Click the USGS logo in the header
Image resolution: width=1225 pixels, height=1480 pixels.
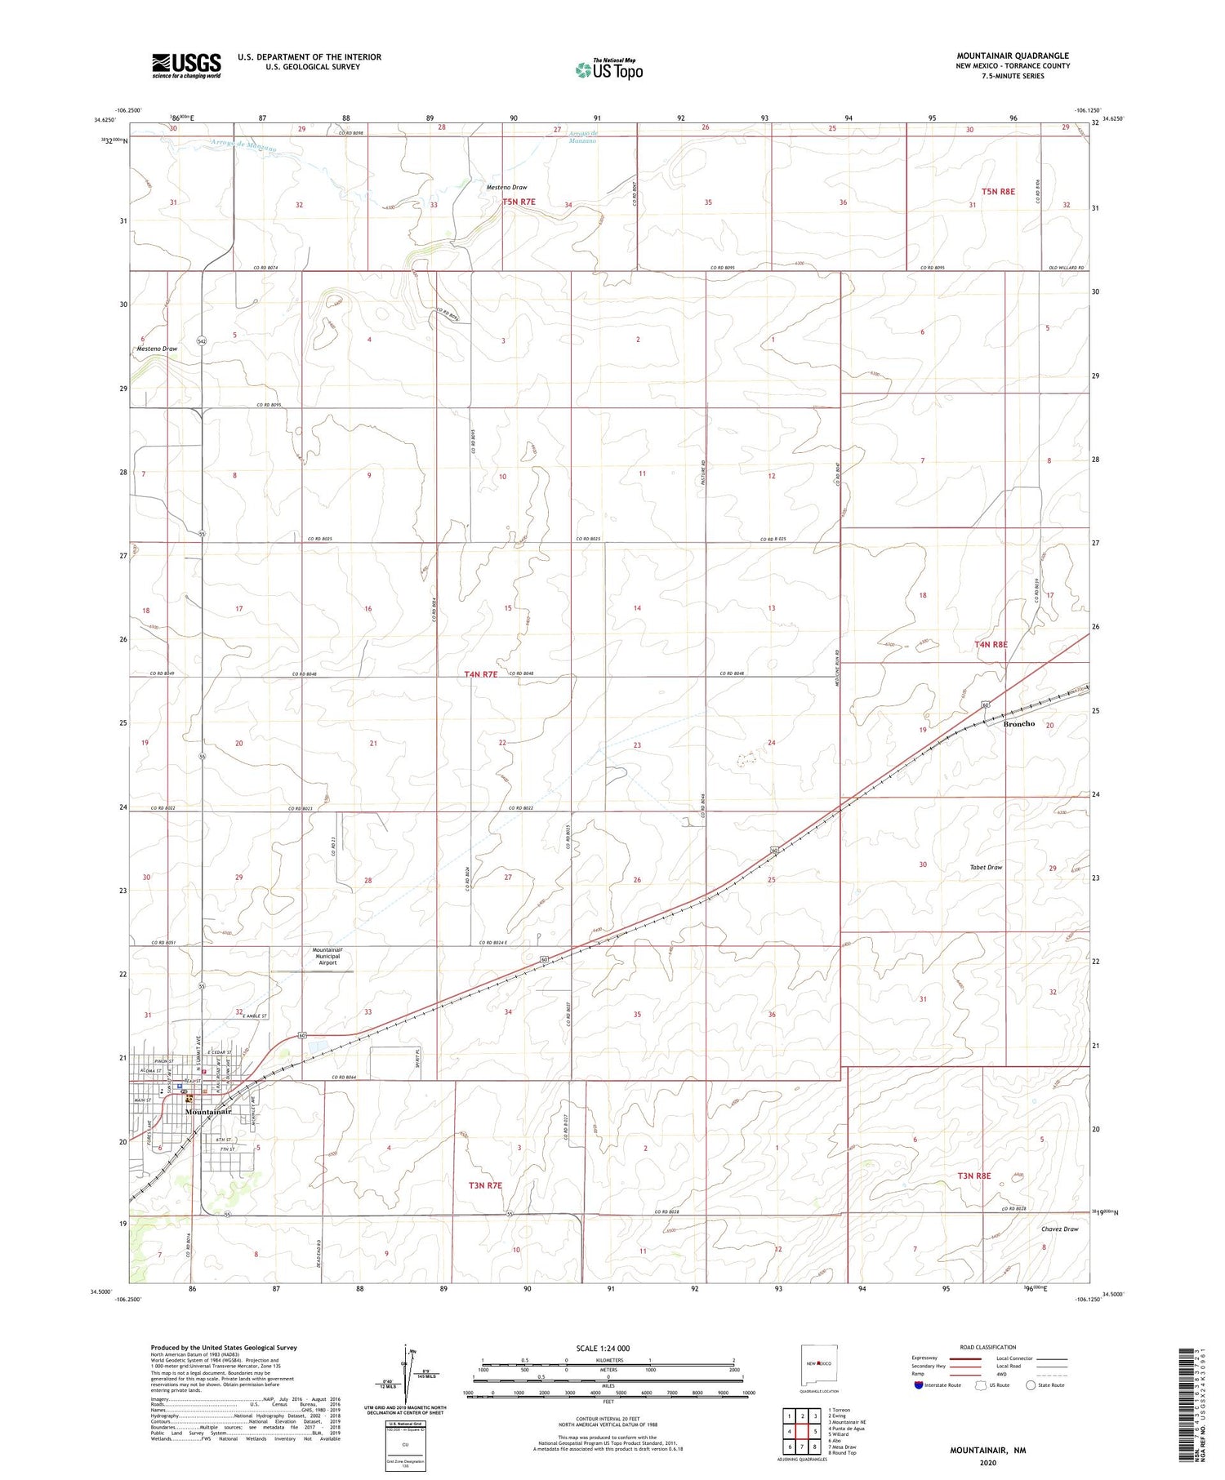[x=186, y=65]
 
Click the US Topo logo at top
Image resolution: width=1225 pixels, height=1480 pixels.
[x=609, y=70]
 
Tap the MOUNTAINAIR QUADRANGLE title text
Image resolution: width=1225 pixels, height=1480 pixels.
[x=1013, y=56]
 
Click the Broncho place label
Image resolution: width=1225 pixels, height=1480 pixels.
[x=1018, y=724]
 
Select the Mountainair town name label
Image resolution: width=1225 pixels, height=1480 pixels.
[x=208, y=1112]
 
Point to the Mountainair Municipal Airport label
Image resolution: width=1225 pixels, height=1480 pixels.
[x=332, y=957]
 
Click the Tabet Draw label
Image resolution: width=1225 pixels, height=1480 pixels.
[x=986, y=867]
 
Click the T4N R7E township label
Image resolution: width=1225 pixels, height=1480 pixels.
[x=480, y=674]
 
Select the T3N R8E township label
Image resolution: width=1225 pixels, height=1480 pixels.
[x=973, y=1176]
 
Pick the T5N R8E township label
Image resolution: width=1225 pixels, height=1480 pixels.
[x=998, y=192]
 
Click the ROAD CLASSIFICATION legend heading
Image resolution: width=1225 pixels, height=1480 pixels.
[x=988, y=1348]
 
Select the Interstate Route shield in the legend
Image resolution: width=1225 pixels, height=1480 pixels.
[x=919, y=1385]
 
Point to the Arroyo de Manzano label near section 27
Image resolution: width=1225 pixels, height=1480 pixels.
[x=582, y=137]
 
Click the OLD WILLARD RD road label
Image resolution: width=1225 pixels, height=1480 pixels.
[x=1067, y=269]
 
